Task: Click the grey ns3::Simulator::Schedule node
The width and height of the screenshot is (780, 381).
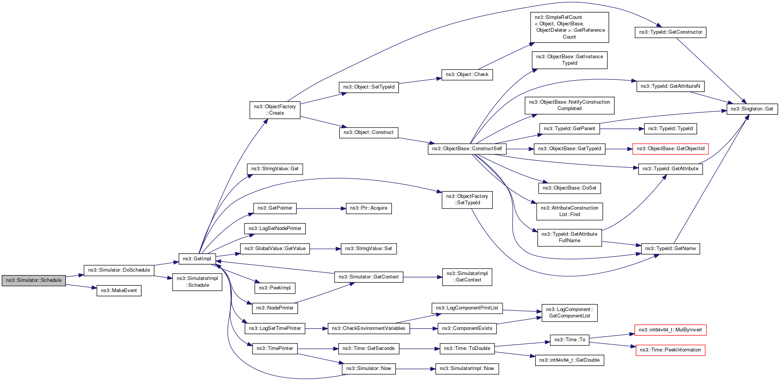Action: pos(34,280)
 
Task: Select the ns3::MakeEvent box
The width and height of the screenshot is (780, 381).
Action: pos(119,291)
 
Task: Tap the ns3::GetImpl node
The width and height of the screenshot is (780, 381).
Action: pos(197,259)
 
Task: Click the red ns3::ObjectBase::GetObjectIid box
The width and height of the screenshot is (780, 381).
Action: pos(670,149)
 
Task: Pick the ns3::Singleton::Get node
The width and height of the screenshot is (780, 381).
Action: pos(752,109)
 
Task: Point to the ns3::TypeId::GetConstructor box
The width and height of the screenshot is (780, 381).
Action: pos(670,32)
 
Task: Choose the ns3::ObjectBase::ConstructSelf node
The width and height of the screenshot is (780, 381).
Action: pos(467,149)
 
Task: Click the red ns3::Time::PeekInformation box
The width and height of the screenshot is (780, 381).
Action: pos(670,350)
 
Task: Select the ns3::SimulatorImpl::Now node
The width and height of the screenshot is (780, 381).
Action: pos(467,369)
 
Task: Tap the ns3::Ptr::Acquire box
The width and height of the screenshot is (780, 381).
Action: pos(368,208)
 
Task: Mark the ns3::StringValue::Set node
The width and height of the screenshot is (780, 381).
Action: pos(369,249)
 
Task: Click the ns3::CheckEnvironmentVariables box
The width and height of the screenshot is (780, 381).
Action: pos(368,328)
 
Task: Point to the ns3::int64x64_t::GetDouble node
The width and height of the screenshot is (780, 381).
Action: pos(569,360)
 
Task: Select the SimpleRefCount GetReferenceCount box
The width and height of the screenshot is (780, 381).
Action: pos(569,27)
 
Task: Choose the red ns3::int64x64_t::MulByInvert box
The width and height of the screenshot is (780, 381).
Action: pos(670,330)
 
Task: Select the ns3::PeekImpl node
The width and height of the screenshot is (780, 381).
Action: pos(274,288)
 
